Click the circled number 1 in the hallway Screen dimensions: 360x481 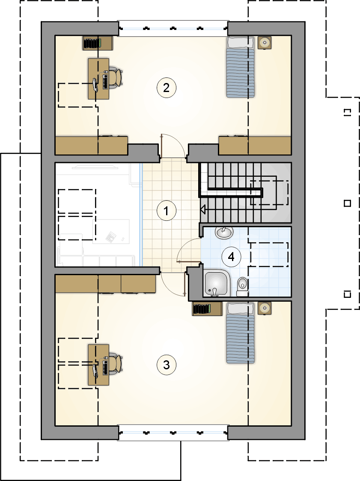166,211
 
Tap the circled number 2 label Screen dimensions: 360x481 166,88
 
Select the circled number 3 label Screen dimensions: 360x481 166,365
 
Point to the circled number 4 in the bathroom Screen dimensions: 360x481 231,256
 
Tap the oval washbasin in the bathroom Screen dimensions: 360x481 224,232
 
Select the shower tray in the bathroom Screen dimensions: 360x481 217,284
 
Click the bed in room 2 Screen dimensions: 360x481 241,67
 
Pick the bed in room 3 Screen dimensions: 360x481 241,333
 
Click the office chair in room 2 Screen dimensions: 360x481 115,78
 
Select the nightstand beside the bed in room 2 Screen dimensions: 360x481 264,42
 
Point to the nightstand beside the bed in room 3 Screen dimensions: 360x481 264,308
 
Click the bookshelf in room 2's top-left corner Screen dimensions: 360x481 98,43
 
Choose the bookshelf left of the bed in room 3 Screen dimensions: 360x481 207,309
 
